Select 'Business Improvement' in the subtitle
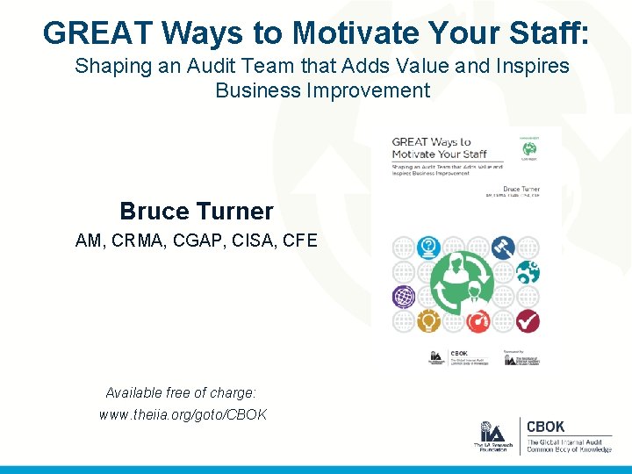pyautogui.click(x=322, y=90)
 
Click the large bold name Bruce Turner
pyautogui.click(x=196, y=212)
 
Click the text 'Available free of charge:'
pyautogui.click(x=181, y=392)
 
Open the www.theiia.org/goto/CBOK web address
pyautogui.click(x=183, y=414)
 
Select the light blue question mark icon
pyautogui.click(x=427, y=248)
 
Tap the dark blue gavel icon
pyautogui.click(x=503, y=248)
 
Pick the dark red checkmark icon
pyautogui.click(x=528, y=321)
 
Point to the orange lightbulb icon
pyautogui.click(x=427, y=321)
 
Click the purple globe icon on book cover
pyautogui.click(x=403, y=297)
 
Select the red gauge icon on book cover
pyautogui.click(x=478, y=322)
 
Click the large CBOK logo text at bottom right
pyautogui.click(x=545, y=427)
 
